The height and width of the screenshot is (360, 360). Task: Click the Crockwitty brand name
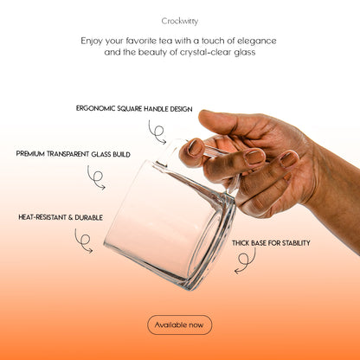[x=179, y=20]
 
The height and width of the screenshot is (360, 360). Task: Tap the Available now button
[x=179, y=325]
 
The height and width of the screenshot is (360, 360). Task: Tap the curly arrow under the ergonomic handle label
[x=157, y=132]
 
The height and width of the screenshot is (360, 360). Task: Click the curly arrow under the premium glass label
[x=95, y=177]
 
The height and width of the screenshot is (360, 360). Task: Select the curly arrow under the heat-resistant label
[x=83, y=241]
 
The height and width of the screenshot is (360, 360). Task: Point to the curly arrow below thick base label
[x=245, y=260]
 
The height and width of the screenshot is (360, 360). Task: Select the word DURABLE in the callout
[x=79, y=217]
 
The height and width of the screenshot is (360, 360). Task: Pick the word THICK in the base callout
[x=242, y=243]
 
